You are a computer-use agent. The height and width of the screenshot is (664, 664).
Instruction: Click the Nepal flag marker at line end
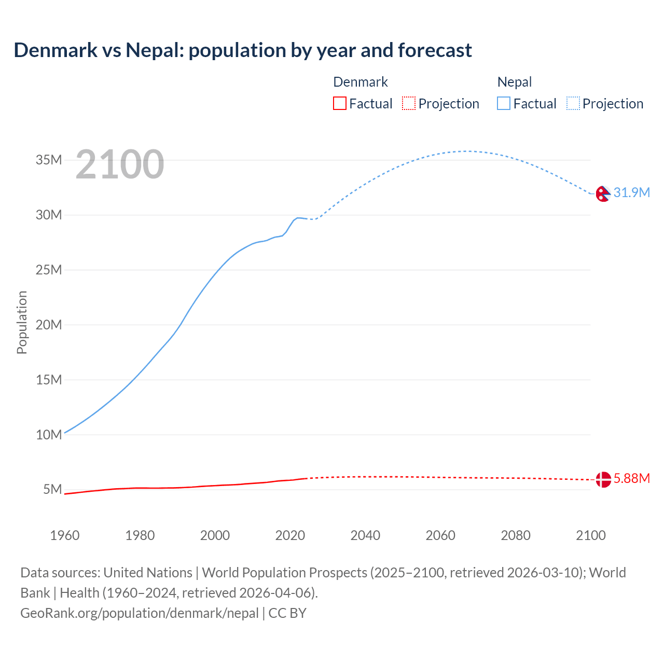click(x=603, y=193)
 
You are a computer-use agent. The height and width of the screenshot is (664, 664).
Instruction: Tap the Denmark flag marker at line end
click(x=603, y=479)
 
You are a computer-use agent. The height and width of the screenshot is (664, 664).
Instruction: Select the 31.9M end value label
click(x=631, y=192)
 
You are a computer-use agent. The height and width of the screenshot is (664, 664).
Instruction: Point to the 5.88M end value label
click(x=631, y=478)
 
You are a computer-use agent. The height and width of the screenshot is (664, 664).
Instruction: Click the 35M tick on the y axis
click(x=49, y=160)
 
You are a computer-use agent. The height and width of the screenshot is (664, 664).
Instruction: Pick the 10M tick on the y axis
click(x=49, y=435)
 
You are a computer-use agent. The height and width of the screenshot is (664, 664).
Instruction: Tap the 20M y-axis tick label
click(x=49, y=325)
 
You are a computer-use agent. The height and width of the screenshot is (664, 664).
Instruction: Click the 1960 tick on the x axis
click(x=65, y=535)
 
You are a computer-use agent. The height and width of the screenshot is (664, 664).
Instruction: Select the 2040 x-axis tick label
click(x=365, y=535)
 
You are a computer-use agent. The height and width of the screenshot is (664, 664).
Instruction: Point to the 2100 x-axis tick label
click(x=590, y=535)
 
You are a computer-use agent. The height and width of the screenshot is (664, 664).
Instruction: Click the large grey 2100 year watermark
click(x=120, y=164)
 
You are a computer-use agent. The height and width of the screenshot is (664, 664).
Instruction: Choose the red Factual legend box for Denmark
click(x=340, y=104)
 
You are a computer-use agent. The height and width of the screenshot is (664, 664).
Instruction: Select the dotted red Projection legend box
click(x=409, y=104)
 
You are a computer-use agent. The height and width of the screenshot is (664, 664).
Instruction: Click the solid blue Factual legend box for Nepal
click(x=504, y=104)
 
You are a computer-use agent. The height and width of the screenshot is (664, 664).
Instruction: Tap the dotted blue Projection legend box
click(x=573, y=104)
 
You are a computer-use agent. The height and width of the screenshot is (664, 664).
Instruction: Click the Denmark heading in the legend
click(x=360, y=82)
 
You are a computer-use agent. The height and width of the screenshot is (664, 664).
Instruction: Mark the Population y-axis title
click(x=22, y=322)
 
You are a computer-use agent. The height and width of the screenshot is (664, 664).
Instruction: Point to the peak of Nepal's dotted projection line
click(x=466, y=151)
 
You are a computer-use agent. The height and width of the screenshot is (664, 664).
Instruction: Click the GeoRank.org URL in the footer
click(x=139, y=613)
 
